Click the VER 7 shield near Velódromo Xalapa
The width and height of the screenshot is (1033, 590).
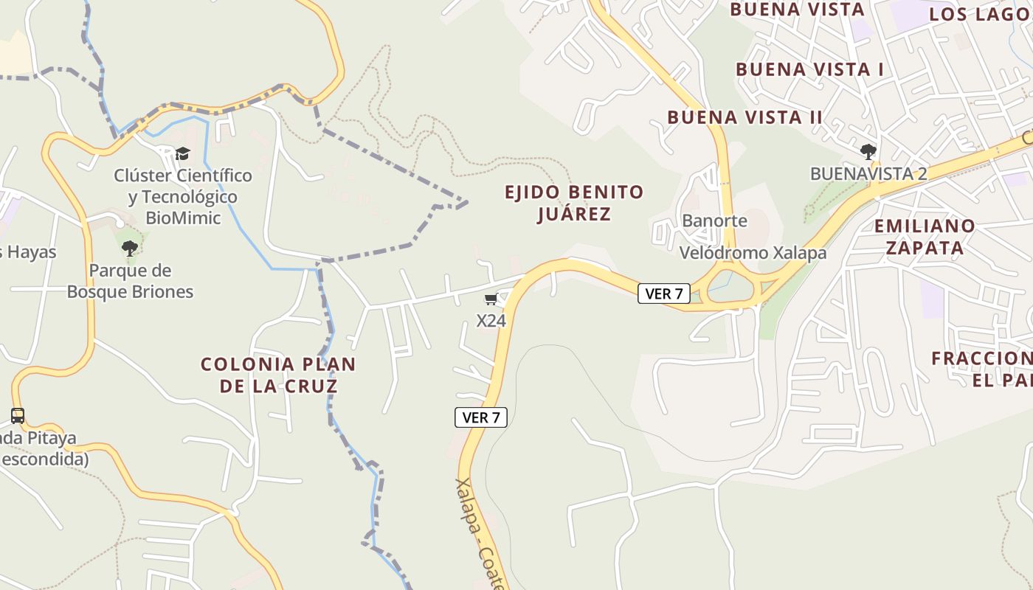pyautogui.click(x=663, y=294)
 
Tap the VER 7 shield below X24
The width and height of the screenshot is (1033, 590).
pyautogui.click(x=480, y=417)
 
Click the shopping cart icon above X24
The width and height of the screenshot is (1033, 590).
pyautogui.click(x=491, y=299)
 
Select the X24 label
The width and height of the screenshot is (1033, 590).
pyautogui.click(x=491, y=321)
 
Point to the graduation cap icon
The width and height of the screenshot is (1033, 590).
pyautogui.click(x=182, y=153)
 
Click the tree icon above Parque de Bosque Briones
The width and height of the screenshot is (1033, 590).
pyautogui.click(x=130, y=249)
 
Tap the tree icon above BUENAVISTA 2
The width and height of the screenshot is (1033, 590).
pyautogui.click(x=868, y=152)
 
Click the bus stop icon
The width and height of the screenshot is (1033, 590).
pyautogui.click(x=18, y=416)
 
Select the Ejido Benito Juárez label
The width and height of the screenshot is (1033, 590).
pyautogui.click(x=574, y=203)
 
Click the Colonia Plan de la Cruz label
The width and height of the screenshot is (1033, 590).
pyautogui.click(x=278, y=375)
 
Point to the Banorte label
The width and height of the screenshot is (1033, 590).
pyautogui.click(x=714, y=221)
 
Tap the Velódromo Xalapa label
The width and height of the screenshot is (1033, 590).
pyautogui.click(x=753, y=253)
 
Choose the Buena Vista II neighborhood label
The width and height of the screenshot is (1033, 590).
pyautogui.click(x=744, y=117)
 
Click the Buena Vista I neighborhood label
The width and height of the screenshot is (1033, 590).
pyautogui.click(x=809, y=70)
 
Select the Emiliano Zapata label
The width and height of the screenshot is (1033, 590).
pyautogui.click(x=925, y=236)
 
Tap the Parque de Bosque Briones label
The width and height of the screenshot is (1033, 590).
pyautogui.click(x=130, y=281)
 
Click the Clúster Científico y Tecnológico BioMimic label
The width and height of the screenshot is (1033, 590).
pyautogui.click(x=183, y=197)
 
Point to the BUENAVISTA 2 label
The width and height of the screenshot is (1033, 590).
pyautogui.click(x=868, y=174)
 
